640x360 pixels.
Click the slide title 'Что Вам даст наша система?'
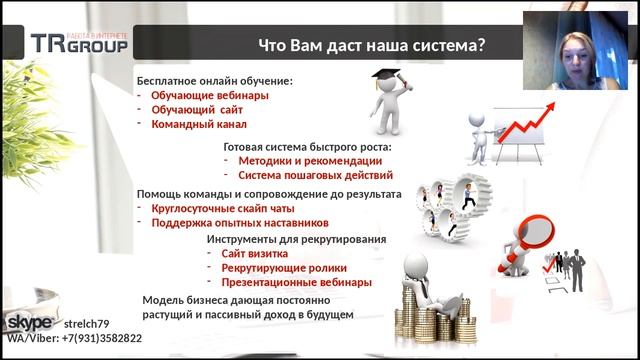click(x=372, y=45)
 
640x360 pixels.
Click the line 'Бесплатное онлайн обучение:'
click(x=215, y=80)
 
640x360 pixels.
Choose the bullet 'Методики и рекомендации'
click(x=310, y=160)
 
